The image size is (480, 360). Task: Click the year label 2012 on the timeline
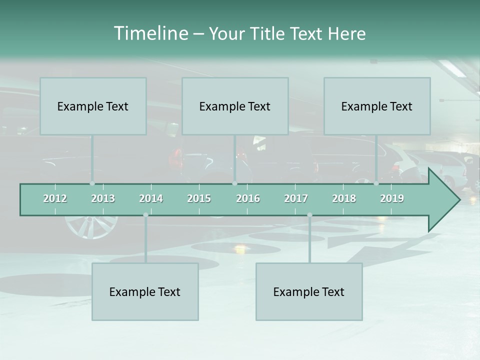55,198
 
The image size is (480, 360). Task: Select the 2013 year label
103,198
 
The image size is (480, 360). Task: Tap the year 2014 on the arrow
151,198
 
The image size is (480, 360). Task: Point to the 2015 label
199,198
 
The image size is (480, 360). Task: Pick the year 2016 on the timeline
248,198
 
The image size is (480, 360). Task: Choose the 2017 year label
296,198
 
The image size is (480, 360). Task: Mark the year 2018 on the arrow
344,198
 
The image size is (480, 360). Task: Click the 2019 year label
392,198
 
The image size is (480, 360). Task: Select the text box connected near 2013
93,106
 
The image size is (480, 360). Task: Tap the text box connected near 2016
235,106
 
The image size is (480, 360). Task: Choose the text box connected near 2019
377,106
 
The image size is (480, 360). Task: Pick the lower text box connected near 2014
145,291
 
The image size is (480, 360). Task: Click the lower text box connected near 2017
309,291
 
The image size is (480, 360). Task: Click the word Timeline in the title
150,33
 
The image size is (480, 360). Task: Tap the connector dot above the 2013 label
92,183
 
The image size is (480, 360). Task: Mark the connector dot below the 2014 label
145,215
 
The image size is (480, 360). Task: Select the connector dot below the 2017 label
309,215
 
